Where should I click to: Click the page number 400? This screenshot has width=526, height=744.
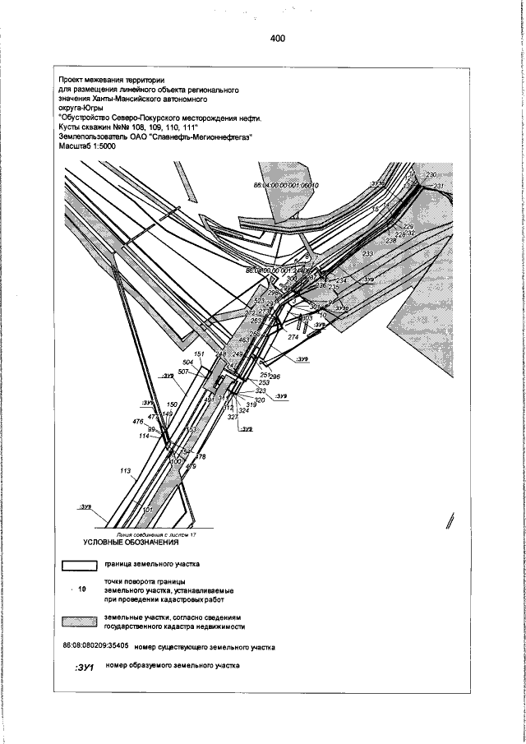point(276,39)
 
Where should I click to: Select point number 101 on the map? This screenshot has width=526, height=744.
point(149,511)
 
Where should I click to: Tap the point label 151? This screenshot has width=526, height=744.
point(199,354)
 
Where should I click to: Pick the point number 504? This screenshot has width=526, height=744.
point(187,362)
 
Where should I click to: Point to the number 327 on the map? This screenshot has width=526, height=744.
point(233,417)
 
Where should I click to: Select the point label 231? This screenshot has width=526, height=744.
point(438,187)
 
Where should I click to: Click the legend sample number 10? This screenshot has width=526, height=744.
point(81,589)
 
